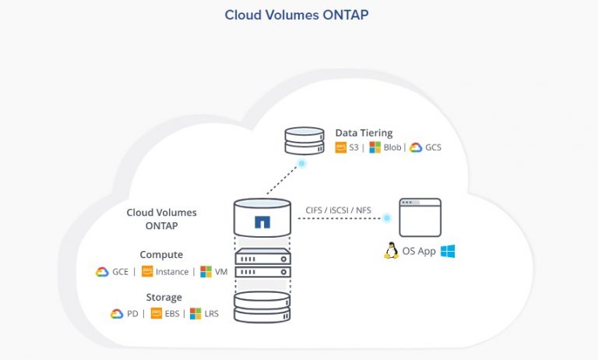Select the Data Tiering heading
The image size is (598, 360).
click(364, 133)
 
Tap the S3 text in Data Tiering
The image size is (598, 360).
click(353, 147)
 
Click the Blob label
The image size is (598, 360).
click(392, 147)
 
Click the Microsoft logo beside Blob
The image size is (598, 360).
click(375, 147)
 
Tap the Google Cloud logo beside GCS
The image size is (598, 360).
click(415, 147)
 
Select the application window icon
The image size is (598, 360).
click(420, 217)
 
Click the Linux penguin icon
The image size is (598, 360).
click(392, 251)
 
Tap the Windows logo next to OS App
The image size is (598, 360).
click(447, 251)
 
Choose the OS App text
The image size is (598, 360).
click(419, 252)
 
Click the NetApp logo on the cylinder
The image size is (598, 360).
click(262, 222)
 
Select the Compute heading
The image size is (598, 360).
click(161, 255)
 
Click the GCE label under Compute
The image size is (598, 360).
click(121, 272)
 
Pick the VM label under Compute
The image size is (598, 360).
click(221, 272)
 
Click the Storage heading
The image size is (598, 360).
click(164, 297)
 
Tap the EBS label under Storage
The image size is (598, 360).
click(172, 314)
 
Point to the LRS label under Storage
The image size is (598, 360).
click(210, 314)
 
